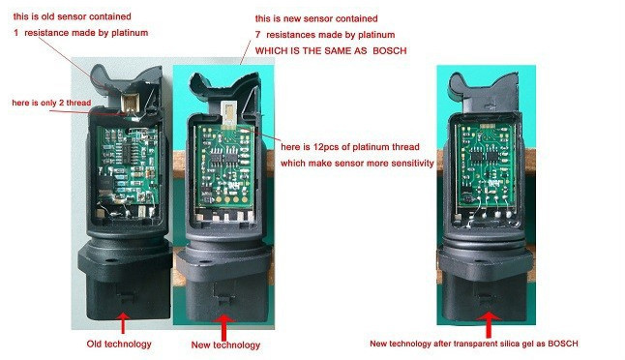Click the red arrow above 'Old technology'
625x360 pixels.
[123, 318]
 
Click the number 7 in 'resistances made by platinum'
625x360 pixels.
[258, 34]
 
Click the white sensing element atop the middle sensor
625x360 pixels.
[228, 112]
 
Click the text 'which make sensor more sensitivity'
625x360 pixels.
[356, 164]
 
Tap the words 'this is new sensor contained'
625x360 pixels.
[315, 18]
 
